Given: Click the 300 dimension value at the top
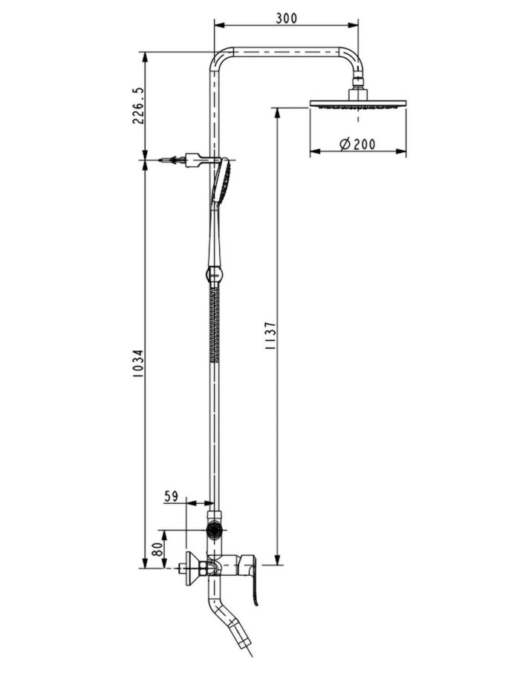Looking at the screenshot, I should pos(285,18).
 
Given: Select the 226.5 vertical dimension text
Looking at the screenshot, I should pos(138,105).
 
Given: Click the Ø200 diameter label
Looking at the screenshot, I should pos(357,145).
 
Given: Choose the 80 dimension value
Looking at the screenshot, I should pos(157,550).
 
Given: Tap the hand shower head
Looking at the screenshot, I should pos(222,180).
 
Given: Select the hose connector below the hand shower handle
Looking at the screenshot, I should pos(214,275).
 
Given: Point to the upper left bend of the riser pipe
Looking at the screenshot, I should pos(219,59).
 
